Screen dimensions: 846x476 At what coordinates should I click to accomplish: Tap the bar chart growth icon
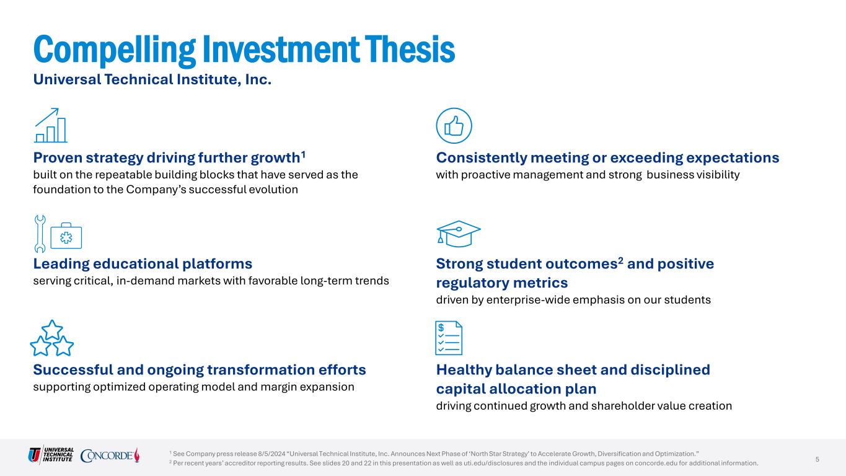tap(51, 125)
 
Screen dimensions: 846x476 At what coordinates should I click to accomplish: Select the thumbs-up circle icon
tap(454, 126)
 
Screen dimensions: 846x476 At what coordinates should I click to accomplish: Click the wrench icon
tap(40, 234)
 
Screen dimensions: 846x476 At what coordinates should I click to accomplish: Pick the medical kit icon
tap(66, 236)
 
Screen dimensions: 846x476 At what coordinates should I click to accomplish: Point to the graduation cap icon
tap(459, 234)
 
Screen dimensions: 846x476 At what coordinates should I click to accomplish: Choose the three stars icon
tap(51, 338)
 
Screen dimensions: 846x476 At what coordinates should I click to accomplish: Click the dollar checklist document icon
tap(449, 338)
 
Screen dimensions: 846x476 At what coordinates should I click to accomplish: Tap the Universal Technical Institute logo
tap(51, 454)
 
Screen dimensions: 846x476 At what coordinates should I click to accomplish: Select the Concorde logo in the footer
tap(110, 455)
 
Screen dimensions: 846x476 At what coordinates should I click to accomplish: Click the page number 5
tap(817, 459)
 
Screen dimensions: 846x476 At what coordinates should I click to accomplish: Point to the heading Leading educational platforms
tap(143, 263)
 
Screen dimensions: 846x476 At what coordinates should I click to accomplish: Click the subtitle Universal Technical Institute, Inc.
tap(152, 79)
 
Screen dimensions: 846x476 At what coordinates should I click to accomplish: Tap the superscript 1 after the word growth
tap(303, 154)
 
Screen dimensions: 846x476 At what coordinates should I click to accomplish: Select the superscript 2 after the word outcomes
tap(620, 261)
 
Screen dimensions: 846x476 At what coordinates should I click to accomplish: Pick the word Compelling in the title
tap(115, 50)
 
